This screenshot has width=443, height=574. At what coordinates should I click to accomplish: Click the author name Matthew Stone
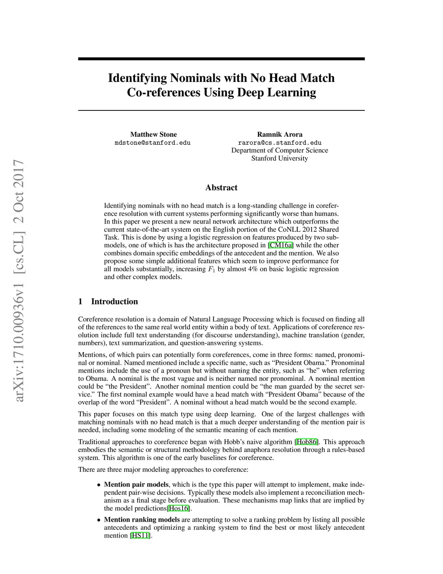[154, 134]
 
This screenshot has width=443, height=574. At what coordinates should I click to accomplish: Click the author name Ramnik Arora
[279, 134]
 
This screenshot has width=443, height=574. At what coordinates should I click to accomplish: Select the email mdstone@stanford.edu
[152, 143]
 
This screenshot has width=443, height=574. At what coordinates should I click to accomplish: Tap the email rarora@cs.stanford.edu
[279, 143]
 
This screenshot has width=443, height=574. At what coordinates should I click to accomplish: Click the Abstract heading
[221, 188]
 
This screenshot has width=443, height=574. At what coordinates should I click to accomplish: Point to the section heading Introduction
[114, 302]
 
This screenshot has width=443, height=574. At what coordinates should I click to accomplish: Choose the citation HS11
[141, 535]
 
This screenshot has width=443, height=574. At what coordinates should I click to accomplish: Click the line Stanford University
[279, 158]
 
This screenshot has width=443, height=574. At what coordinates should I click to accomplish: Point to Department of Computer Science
[279, 150]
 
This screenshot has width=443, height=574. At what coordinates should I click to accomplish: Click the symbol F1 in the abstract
[212, 269]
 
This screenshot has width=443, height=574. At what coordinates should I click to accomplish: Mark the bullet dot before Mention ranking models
[99, 520]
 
